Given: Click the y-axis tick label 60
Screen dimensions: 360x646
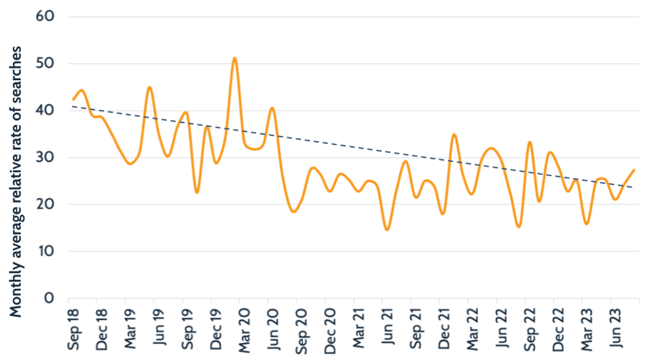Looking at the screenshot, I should tap(45, 16).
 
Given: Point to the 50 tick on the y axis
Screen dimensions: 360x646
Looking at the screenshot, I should tap(45, 63).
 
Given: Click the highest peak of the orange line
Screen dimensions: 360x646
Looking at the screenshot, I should tap(235, 58).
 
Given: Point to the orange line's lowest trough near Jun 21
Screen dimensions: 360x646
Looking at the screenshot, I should tap(386, 230).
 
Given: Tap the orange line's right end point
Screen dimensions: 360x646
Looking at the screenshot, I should tap(634, 170).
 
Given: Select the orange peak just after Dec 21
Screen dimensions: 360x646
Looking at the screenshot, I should tap(454, 134).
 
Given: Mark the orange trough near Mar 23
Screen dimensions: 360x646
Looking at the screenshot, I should tap(586, 224).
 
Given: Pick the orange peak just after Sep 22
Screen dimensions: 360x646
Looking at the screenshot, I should tap(530, 142).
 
